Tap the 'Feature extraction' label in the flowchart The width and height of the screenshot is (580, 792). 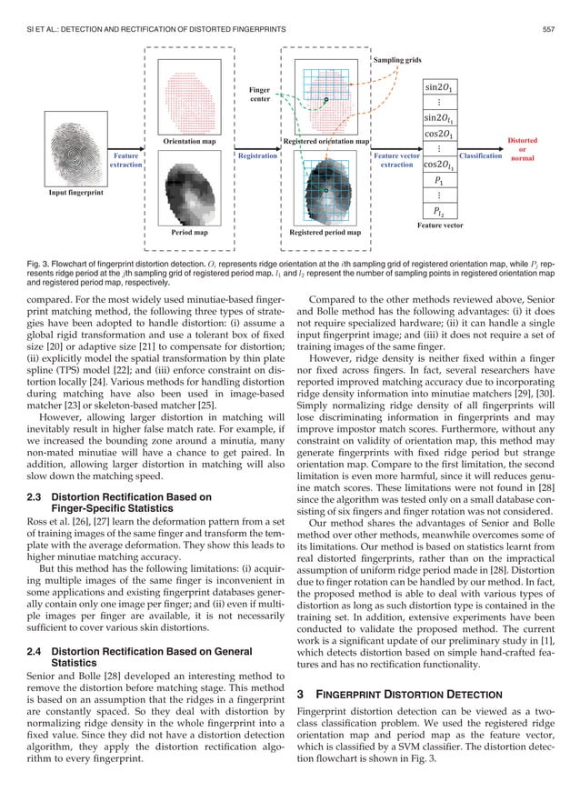[x=125, y=161]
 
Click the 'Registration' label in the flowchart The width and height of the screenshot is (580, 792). [x=257, y=155]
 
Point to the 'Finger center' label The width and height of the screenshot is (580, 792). [x=260, y=94]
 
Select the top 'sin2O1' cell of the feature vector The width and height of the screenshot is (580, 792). [x=442, y=87]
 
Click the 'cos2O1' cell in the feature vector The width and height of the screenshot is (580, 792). [x=442, y=134]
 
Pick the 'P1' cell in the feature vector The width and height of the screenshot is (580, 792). [x=442, y=180]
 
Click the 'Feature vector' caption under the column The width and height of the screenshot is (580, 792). [x=442, y=224]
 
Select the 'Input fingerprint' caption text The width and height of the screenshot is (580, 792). [x=75, y=193]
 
